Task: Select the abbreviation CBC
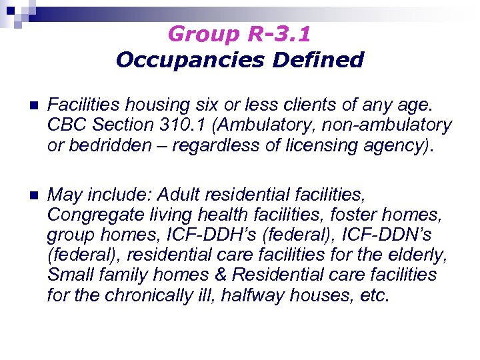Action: click(x=65, y=125)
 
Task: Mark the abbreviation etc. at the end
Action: click(x=372, y=295)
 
